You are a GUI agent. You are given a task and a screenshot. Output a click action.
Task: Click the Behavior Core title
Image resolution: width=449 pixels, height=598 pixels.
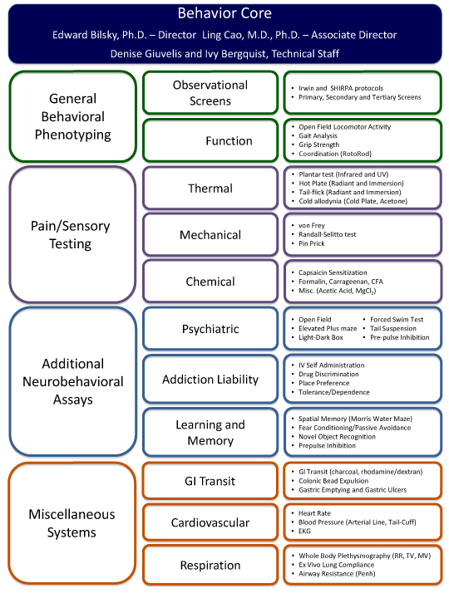224,14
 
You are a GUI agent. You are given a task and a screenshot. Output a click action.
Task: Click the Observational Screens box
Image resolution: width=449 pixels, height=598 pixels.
210,92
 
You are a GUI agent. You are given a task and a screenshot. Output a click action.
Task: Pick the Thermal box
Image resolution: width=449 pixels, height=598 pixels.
210,188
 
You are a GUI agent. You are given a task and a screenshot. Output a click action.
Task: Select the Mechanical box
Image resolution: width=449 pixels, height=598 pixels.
210,234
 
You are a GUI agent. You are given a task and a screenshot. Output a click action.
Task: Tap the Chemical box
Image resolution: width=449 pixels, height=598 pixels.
210,282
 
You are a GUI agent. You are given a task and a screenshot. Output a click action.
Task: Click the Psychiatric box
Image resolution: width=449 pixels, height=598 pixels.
210,329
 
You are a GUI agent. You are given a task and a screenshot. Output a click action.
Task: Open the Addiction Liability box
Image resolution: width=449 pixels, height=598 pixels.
210,380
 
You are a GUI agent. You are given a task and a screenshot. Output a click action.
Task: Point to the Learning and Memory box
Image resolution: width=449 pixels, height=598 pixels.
210,432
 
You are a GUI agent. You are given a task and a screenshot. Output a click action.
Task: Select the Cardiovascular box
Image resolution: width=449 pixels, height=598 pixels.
210,522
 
